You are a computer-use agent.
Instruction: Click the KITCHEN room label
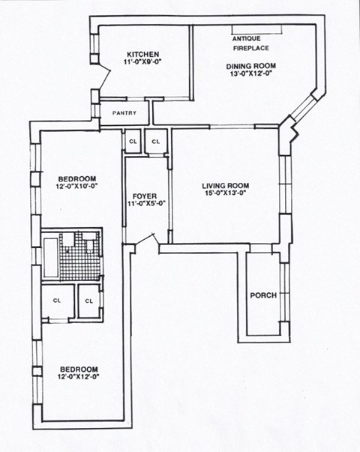pyautogui.click(x=142, y=55)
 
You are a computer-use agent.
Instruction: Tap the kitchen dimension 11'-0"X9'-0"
pyautogui.click(x=142, y=63)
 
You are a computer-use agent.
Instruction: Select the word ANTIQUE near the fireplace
pyautogui.click(x=247, y=37)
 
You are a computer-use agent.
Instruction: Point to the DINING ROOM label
pyautogui.click(x=251, y=66)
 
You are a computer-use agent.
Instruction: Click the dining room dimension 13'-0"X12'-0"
pyautogui.click(x=251, y=75)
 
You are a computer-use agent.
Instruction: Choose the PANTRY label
pyautogui.click(x=124, y=113)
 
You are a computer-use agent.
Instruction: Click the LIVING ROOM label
pyautogui.click(x=225, y=185)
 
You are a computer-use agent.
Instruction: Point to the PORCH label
pyautogui.click(x=263, y=295)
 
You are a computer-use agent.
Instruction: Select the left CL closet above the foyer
pyautogui.click(x=133, y=141)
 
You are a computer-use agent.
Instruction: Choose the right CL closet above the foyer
pyautogui.click(x=157, y=141)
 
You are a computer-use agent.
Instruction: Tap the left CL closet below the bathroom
pyautogui.click(x=57, y=301)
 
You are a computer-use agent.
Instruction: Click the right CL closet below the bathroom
pyautogui.click(x=89, y=301)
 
